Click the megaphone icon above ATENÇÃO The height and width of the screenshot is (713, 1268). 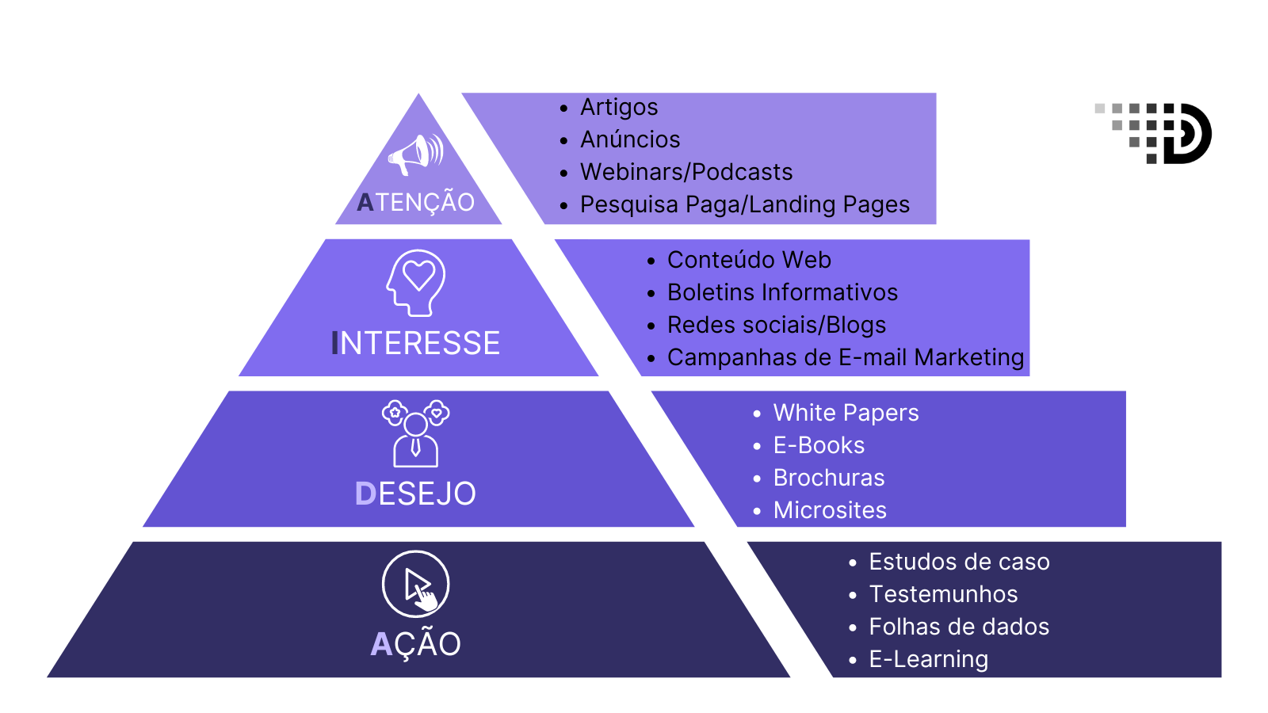tap(415, 154)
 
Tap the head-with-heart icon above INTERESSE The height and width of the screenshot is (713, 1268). tap(416, 283)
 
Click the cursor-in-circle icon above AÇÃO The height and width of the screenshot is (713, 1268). tap(416, 584)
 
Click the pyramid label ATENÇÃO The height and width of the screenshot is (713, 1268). tap(416, 203)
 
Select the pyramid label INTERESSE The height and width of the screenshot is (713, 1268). tap(416, 343)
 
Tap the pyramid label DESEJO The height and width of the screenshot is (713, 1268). tap(416, 494)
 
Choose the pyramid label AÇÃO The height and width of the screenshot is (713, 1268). tap(416, 644)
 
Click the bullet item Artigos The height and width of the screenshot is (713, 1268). tap(619, 107)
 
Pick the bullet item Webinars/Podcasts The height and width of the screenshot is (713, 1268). tap(686, 172)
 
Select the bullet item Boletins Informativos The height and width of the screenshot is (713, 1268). tap(782, 292)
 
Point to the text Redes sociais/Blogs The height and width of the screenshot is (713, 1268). tap(777, 325)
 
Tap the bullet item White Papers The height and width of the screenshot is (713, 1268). tap(846, 413)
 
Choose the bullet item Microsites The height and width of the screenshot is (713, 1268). tap(830, 510)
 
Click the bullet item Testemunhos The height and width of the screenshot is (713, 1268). tap(943, 594)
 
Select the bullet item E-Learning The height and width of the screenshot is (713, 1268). tap(928, 659)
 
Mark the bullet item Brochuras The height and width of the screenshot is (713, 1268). tap(829, 478)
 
